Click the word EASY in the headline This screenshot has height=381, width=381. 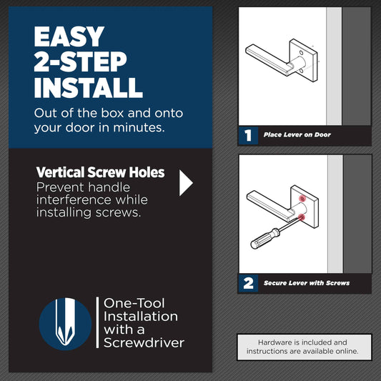coord(69,36)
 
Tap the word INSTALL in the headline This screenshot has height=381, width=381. coord(89,87)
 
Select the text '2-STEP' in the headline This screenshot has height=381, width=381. coord(81,61)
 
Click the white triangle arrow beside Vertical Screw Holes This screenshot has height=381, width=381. coord(186,183)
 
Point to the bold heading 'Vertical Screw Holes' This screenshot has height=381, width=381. coord(100,172)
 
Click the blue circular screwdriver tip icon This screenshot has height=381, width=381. coord(65,324)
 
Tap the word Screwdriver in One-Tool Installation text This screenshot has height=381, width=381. coord(144,343)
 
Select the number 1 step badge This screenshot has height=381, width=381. coord(248,135)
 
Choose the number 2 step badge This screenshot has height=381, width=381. coord(248,283)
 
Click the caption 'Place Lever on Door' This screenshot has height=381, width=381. coord(297,135)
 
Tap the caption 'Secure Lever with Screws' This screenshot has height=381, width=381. coord(307,283)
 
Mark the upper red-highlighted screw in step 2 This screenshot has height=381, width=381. coord(302,199)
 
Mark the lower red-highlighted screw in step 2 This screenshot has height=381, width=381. coord(302,217)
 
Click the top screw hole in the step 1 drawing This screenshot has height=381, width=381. coord(301,53)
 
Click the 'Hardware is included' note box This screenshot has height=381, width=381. coord(305,347)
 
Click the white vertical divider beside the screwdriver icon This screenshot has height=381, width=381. coord(97,322)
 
